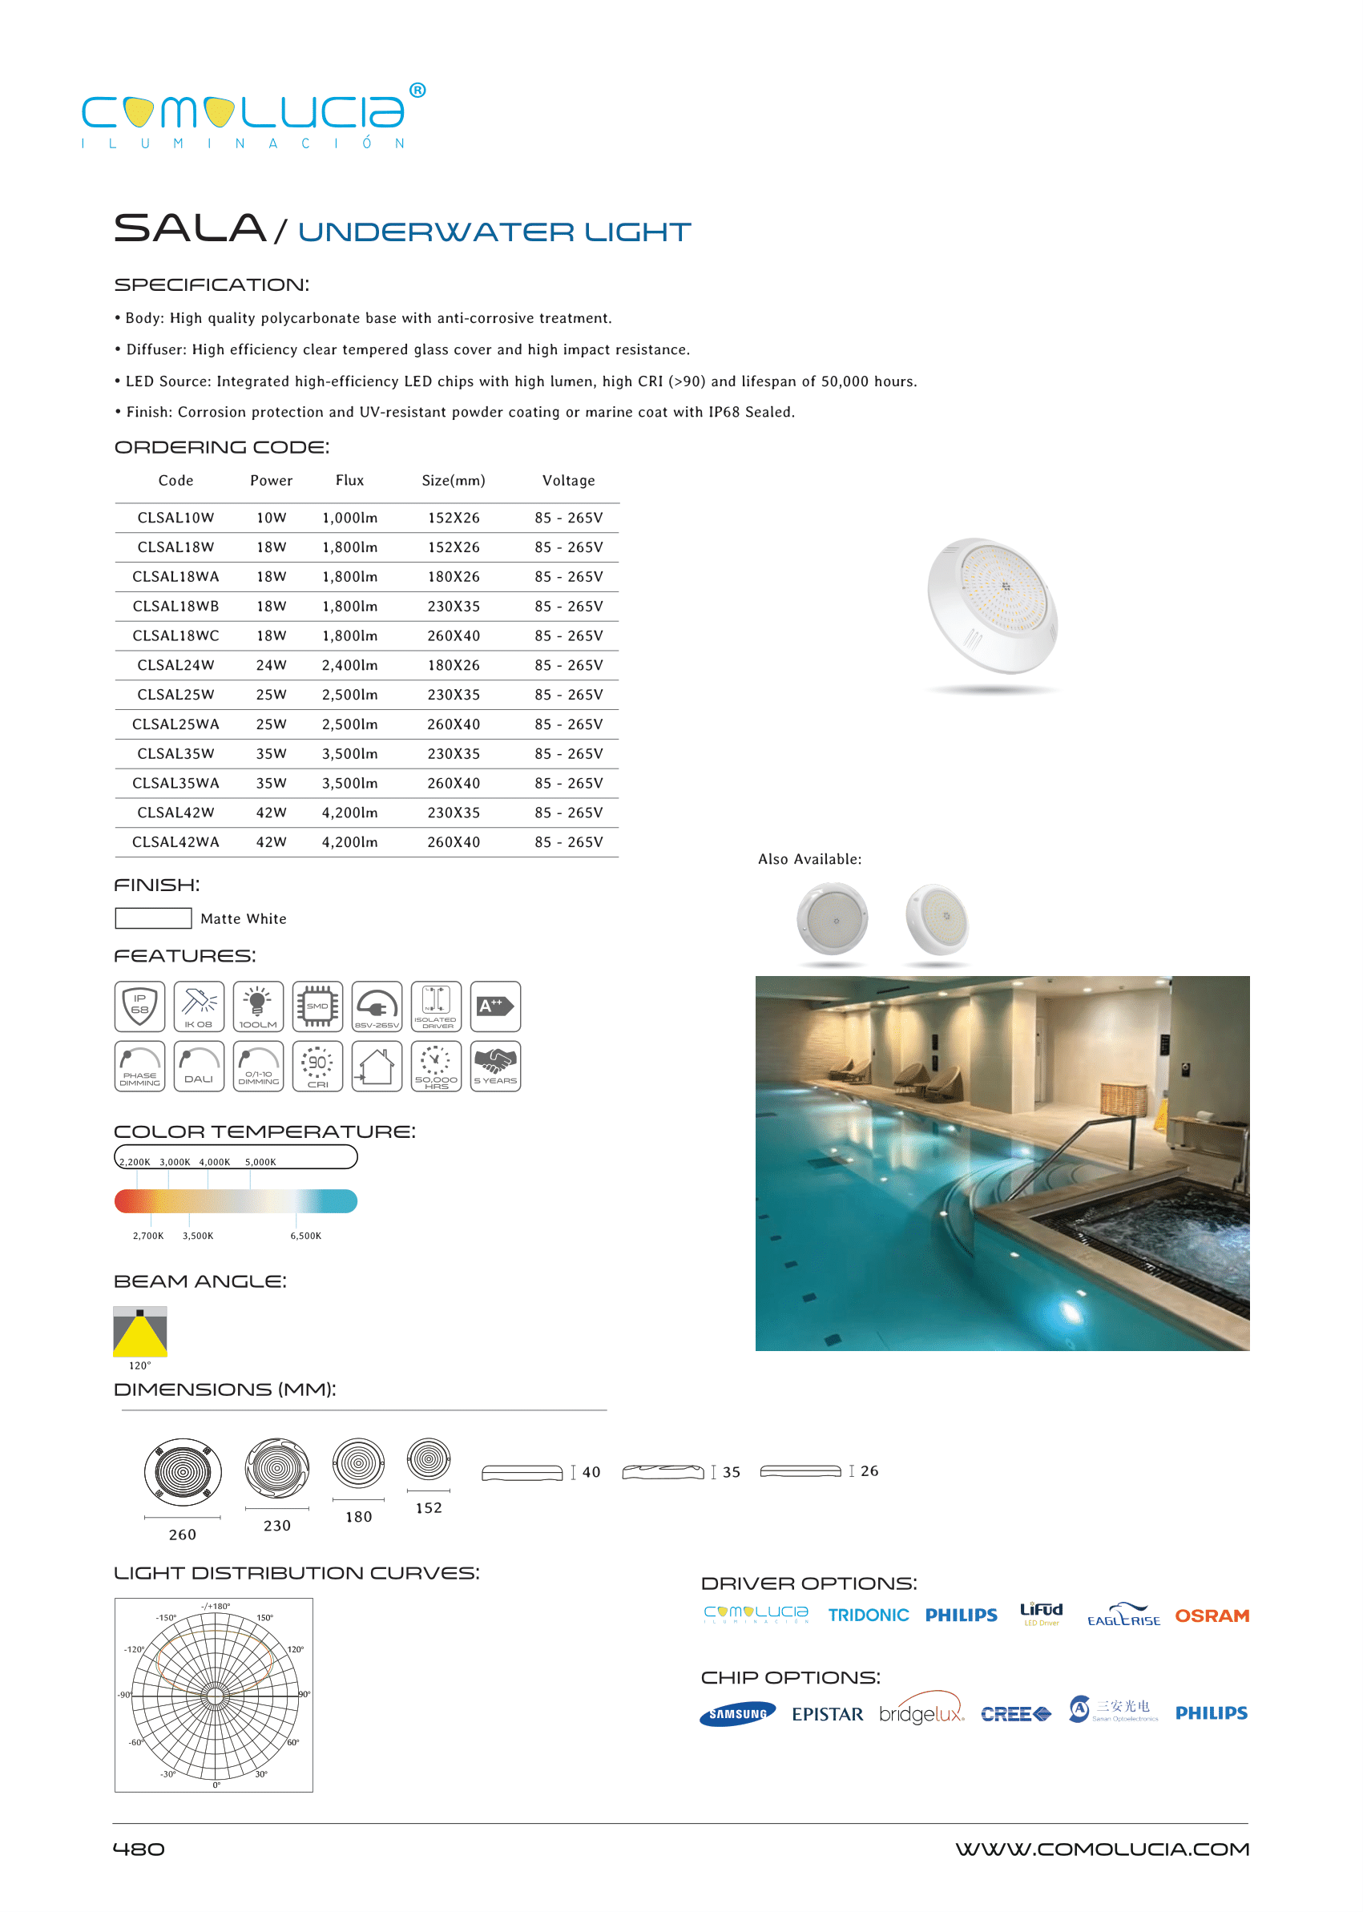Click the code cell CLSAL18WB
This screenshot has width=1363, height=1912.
pyautogui.click(x=175, y=606)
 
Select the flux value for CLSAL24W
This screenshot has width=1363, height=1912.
pyautogui.click(x=349, y=665)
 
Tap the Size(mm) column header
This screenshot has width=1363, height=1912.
pyautogui.click(x=454, y=480)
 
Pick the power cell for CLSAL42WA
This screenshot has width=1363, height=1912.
pyautogui.click(x=271, y=842)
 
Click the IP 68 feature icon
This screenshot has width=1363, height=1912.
pyautogui.click(x=139, y=1006)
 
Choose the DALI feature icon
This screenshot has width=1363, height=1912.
pyautogui.click(x=199, y=1066)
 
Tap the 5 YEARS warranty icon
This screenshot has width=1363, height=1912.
pyautogui.click(x=495, y=1066)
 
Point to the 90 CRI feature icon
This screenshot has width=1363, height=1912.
pyautogui.click(x=317, y=1066)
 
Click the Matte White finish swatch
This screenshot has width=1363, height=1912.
pyautogui.click(x=153, y=918)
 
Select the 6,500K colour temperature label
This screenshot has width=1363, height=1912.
pyautogui.click(x=305, y=1236)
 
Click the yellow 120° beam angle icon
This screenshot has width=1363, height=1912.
pyautogui.click(x=140, y=1330)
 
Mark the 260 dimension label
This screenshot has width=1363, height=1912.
pyautogui.click(x=182, y=1535)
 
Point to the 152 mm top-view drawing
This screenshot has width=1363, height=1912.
pyautogui.click(x=428, y=1459)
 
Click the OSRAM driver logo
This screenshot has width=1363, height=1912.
pyautogui.click(x=1211, y=1616)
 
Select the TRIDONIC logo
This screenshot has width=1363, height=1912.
pyautogui.click(x=868, y=1616)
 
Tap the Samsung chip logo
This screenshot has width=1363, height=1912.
pyautogui.click(x=737, y=1714)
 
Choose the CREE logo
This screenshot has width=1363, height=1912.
pyautogui.click(x=1015, y=1714)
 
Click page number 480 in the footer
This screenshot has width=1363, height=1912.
pyautogui.click(x=139, y=1849)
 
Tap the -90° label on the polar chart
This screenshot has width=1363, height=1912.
pyautogui.click(x=124, y=1695)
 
